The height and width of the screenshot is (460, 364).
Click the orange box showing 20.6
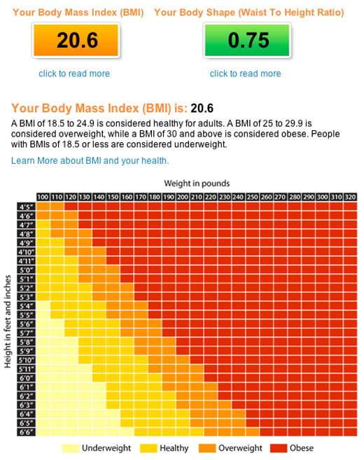click(x=76, y=40)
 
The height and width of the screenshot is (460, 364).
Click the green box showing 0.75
click(x=247, y=40)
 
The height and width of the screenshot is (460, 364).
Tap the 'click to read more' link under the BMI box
click(x=74, y=74)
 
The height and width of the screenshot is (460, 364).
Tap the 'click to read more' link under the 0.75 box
click(x=246, y=74)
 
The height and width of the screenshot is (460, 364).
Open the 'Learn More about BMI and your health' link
click(x=90, y=161)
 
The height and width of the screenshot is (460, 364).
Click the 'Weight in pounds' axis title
click(x=197, y=183)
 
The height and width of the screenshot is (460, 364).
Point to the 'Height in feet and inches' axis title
click(x=8, y=321)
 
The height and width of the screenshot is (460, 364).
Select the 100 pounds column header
click(x=43, y=197)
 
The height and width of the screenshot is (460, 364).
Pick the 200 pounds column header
click(x=183, y=197)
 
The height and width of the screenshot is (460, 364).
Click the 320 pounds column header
click(x=350, y=197)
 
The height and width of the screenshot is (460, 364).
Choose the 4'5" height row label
click(x=26, y=207)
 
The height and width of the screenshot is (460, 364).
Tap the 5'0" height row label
click(x=26, y=270)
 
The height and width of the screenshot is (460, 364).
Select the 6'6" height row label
click(x=26, y=432)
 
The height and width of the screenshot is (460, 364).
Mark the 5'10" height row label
click(x=26, y=360)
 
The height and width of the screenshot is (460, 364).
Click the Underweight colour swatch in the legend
click(x=71, y=448)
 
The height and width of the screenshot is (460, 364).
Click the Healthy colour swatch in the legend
click(x=148, y=448)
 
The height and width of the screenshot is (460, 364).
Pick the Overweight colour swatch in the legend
click(x=207, y=448)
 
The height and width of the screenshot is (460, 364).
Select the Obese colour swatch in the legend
click(x=279, y=448)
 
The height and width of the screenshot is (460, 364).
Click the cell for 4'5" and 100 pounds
click(x=43, y=207)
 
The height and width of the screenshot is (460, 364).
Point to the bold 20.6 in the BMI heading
click(x=202, y=109)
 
